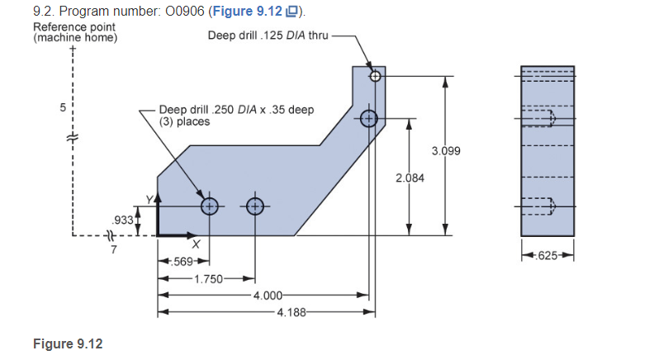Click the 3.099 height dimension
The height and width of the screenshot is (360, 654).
[446, 151]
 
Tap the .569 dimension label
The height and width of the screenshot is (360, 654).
[182, 262]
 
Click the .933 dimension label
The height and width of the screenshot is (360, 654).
[121, 220]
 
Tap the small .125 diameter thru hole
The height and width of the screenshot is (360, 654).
[375, 76]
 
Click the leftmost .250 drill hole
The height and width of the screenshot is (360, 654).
[209, 206]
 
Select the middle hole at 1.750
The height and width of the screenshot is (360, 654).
[254, 206]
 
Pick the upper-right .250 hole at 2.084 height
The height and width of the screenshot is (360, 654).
[367, 118]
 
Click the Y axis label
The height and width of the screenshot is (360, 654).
[149, 200]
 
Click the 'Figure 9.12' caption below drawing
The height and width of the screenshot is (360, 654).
[68, 343]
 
